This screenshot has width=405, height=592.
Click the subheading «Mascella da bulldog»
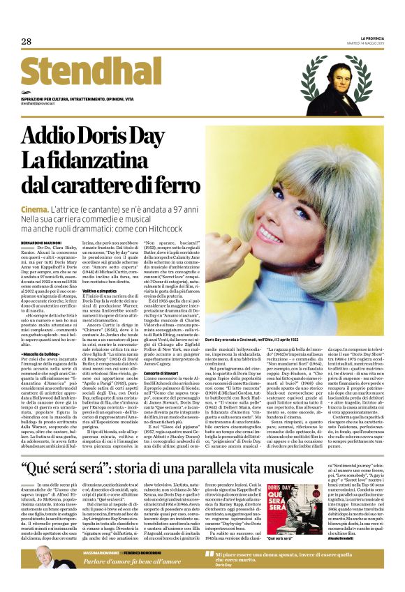(x=40, y=354)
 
